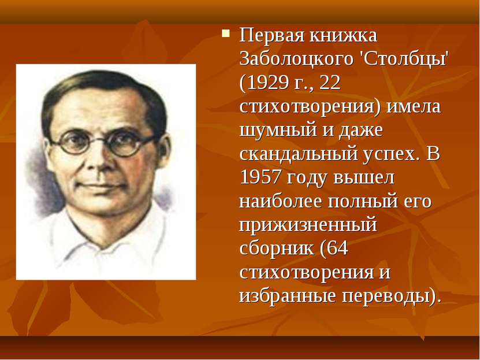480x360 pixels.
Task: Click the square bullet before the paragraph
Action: coord(226,33)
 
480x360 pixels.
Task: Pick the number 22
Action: coord(330,83)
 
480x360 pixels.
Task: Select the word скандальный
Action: coord(299,154)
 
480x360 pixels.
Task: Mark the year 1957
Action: coord(260,177)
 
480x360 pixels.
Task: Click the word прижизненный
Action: coord(308,225)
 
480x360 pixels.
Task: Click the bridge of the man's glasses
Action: coord(100,141)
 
